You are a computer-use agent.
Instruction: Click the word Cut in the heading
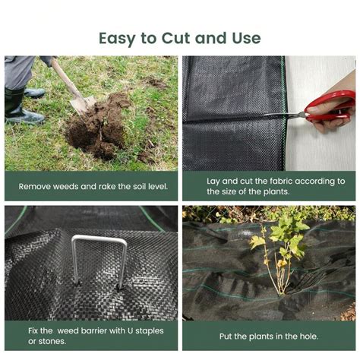[x=175, y=38]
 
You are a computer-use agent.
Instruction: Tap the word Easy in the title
[x=117, y=39]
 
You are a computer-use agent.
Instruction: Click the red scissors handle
[x=330, y=106]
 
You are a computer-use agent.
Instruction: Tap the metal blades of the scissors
[x=284, y=115]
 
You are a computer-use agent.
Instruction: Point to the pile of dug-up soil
[x=99, y=127]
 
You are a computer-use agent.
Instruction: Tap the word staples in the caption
[x=150, y=331]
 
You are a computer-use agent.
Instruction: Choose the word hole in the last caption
[x=309, y=336]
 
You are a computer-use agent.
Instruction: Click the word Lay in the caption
[x=213, y=182]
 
